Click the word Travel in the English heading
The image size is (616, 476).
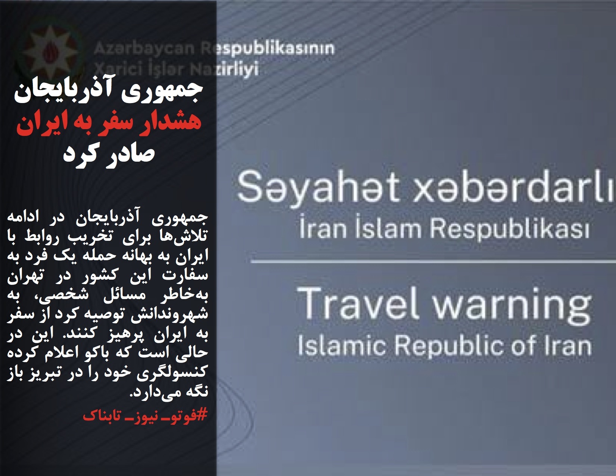point(358,304)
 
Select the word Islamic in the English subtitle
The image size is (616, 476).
point(342,346)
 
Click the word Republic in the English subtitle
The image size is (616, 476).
point(449,347)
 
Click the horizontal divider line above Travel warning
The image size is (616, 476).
point(433,261)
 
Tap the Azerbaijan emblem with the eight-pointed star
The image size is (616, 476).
point(50,52)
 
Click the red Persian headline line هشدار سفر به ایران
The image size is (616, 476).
point(109,123)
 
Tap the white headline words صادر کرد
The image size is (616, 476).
point(109,154)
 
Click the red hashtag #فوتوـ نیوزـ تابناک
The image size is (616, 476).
point(145,415)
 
